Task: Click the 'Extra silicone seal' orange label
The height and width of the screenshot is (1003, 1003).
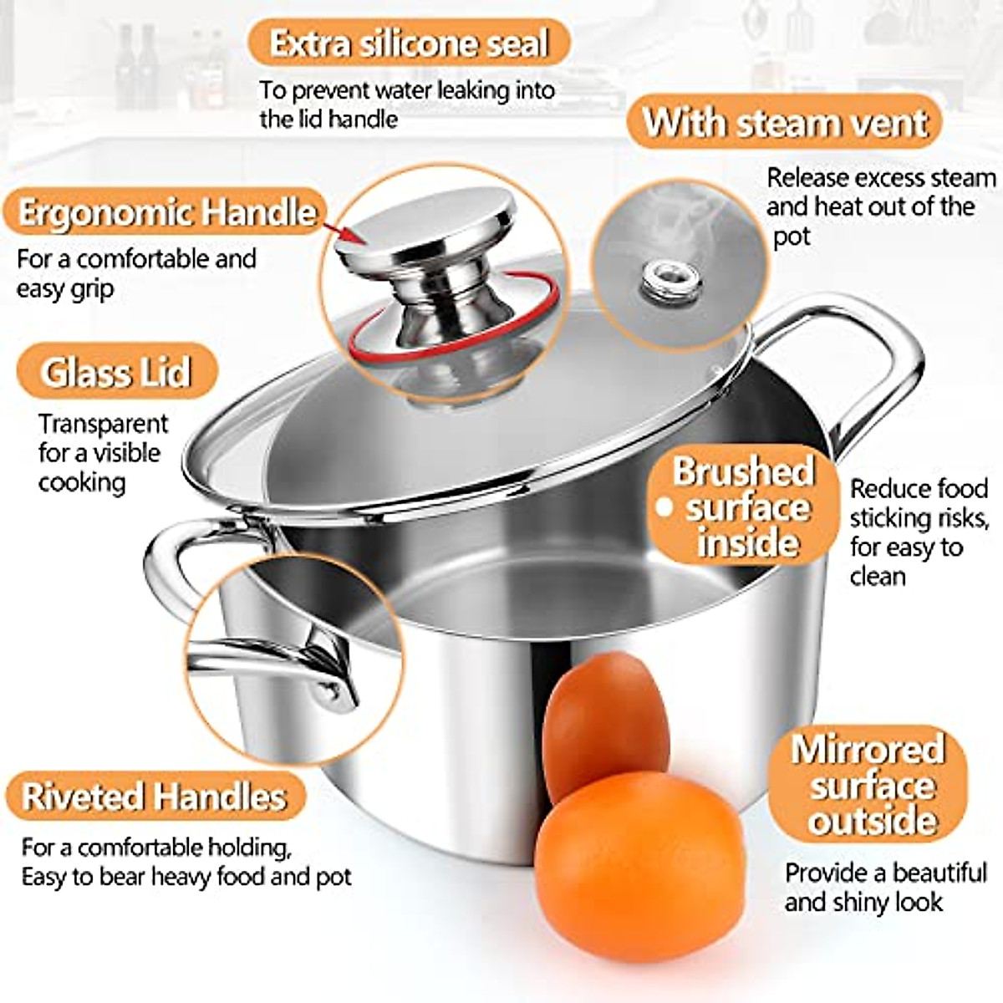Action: click(409, 43)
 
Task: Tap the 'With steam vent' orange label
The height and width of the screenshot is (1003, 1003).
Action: click(784, 122)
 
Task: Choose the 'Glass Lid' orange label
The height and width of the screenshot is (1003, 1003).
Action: click(116, 372)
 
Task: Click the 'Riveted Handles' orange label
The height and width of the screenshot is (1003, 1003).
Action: click(154, 796)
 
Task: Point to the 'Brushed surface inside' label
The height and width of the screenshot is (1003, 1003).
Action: click(743, 507)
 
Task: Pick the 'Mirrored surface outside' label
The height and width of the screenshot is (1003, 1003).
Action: click(868, 784)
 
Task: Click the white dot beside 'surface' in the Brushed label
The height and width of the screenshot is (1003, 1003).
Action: click(665, 507)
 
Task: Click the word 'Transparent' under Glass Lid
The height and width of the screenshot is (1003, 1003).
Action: click(103, 424)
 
